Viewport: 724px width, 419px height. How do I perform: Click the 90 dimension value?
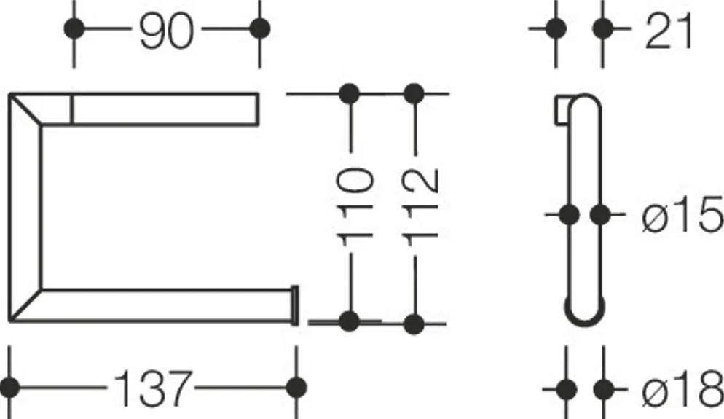coord(166,31)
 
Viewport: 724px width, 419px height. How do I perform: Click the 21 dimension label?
coord(669,31)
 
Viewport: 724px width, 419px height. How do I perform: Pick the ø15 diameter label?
coord(682,214)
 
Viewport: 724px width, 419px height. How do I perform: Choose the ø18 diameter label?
coord(682,390)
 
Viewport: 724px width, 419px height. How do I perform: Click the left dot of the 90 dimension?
coord(74,28)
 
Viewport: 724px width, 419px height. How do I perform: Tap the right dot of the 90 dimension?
coord(259,28)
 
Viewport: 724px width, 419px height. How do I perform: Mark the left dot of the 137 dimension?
coord(9,388)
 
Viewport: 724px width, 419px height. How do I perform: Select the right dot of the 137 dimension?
coord(296,388)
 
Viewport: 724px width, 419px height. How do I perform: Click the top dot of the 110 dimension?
coord(349,94)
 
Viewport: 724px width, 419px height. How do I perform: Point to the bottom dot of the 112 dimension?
coord(414,324)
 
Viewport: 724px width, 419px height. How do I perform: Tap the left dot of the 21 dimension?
coord(556,28)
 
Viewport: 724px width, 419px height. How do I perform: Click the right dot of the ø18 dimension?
coord(604,390)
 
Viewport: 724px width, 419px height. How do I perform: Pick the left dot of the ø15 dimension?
coord(569,215)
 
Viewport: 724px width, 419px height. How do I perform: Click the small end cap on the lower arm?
coord(294,305)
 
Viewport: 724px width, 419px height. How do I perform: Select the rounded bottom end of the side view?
coord(585,318)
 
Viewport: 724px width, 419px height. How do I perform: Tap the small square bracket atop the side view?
coord(563,110)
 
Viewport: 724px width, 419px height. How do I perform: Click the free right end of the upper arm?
coord(257,109)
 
